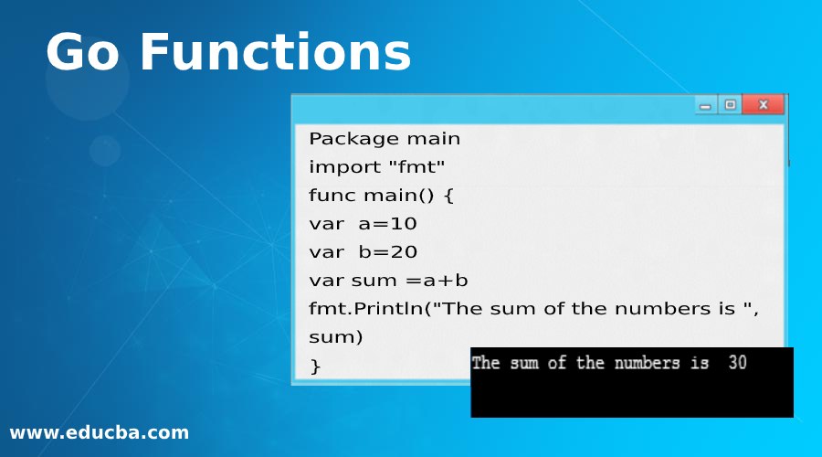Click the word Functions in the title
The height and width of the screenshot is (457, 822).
[275, 53]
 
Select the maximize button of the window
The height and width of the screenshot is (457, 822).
[731, 105]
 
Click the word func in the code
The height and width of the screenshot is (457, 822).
[332, 196]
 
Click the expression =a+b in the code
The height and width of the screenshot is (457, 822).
[437, 281]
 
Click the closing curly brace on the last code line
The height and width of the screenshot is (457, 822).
[316, 367]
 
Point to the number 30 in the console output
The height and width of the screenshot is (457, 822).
[737, 363]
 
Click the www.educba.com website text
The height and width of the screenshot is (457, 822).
[99, 433]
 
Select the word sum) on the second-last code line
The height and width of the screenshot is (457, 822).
[336, 337]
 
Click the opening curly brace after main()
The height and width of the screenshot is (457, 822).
[448, 196]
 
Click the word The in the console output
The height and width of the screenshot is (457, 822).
[486, 363]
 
